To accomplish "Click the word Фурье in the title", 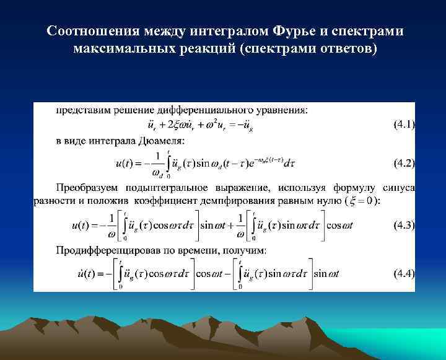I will click(279, 31).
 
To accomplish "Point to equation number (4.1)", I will click(404, 125).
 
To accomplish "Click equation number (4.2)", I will click(404, 164).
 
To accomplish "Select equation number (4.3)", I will click(404, 226).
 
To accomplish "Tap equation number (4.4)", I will click(404, 273).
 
